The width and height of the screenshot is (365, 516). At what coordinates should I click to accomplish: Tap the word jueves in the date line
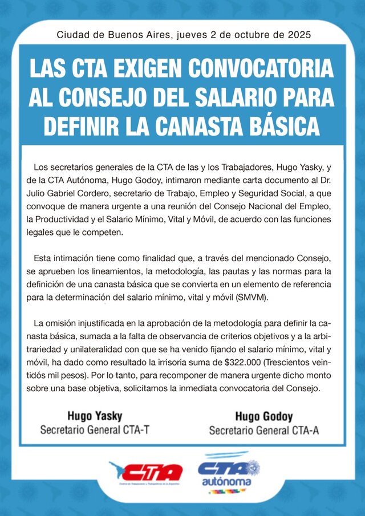[193, 35]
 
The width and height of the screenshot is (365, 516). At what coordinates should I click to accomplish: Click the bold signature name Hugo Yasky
[95, 416]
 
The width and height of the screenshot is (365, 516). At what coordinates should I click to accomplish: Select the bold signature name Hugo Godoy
[263, 416]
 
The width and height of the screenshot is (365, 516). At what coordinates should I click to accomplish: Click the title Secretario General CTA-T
[95, 429]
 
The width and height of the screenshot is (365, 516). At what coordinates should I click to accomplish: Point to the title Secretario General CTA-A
[263, 430]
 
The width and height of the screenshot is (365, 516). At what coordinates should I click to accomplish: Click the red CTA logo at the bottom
[146, 473]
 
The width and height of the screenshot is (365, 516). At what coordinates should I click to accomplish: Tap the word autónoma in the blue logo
[226, 482]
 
